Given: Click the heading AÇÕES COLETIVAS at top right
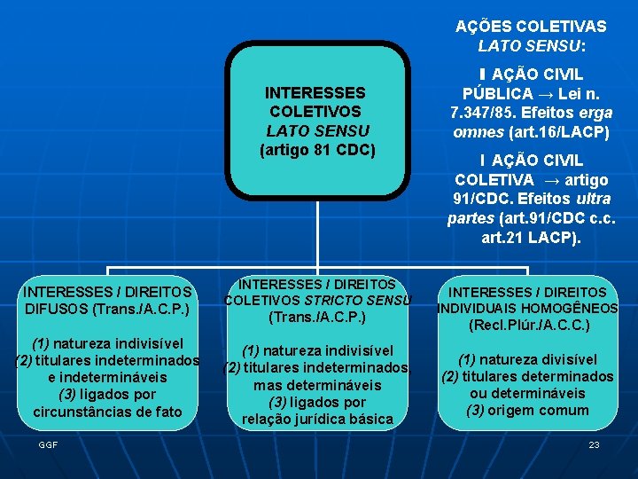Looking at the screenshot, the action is (x=531, y=27).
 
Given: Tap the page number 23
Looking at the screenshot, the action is (x=594, y=444).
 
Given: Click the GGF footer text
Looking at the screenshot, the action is (x=48, y=444).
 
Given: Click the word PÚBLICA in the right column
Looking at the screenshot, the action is (x=497, y=94).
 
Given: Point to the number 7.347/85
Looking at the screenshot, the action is (x=486, y=113).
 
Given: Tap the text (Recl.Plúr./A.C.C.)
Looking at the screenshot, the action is (x=528, y=326).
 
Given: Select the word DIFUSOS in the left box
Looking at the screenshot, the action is (x=56, y=309).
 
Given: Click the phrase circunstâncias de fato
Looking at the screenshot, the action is (x=107, y=412).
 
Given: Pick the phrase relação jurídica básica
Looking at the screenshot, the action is (x=317, y=419).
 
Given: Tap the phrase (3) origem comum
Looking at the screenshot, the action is (x=527, y=410).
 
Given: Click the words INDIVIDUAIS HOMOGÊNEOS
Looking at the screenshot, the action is (x=528, y=309).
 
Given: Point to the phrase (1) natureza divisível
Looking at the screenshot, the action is (x=527, y=359).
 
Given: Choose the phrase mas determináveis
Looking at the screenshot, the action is (x=317, y=385).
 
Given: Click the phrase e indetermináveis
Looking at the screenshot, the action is (x=107, y=377).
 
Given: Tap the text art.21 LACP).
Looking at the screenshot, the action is (x=531, y=238).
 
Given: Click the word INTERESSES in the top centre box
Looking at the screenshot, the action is (x=315, y=92).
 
